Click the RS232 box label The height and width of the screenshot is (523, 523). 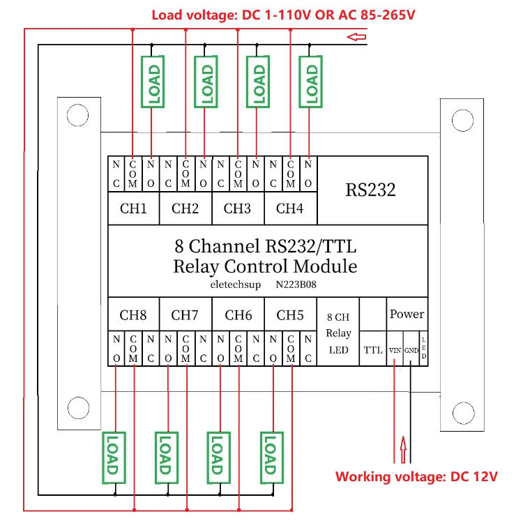[x=370, y=190]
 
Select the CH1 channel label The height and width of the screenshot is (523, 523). [x=133, y=208]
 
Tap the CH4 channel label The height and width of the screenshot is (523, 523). [x=289, y=208]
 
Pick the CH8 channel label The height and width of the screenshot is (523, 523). [x=133, y=315]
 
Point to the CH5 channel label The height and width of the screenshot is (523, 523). [x=290, y=315]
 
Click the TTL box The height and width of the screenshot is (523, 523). [x=373, y=351]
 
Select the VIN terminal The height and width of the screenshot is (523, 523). [x=395, y=351]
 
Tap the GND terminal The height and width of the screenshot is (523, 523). [x=411, y=351]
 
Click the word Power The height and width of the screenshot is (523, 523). [x=407, y=314]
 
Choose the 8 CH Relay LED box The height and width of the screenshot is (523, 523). [x=338, y=333]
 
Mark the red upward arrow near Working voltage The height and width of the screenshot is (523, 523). [x=403, y=447]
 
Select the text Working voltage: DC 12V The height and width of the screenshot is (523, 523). [x=416, y=477]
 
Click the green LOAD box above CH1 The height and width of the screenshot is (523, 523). [x=152, y=83]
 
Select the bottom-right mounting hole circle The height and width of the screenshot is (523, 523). [x=462, y=409]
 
